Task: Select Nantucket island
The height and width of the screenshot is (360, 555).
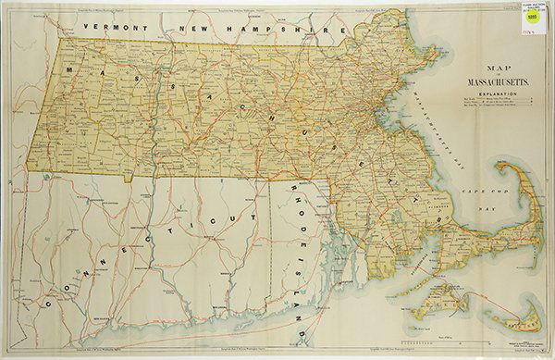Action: tap(508, 320)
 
